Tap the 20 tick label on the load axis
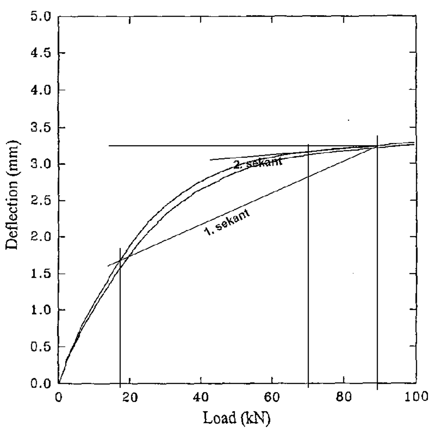tap(130, 397)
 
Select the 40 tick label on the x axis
tap(201, 397)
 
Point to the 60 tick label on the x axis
tap(272, 397)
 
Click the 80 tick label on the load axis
tap(343, 397)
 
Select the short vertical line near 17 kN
tap(120, 326)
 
